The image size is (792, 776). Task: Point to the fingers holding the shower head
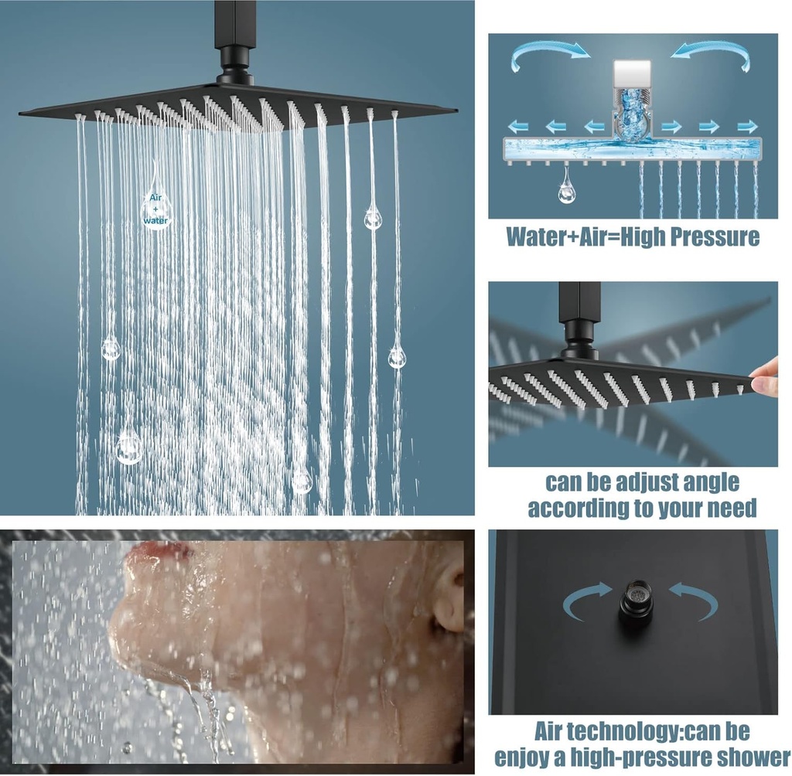[765, 376]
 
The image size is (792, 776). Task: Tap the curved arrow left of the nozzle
[587, 600]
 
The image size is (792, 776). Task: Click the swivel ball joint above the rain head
[234, 66]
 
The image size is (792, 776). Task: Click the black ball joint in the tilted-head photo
[579, 338]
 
